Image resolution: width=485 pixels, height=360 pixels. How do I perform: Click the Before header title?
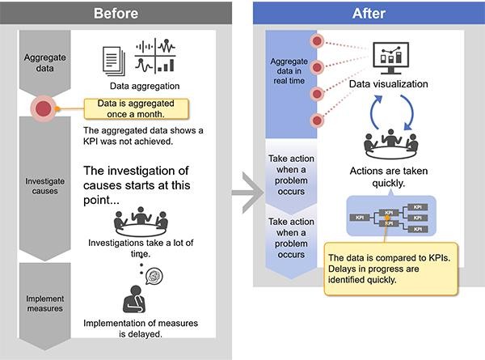click(x=116, y=13)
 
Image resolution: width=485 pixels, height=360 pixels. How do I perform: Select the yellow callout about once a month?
click(x=137, y=108)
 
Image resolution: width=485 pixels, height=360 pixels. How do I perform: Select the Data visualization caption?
click(x=389, y=84)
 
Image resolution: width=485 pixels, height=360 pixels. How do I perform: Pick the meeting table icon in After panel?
click(x=389, y=144)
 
